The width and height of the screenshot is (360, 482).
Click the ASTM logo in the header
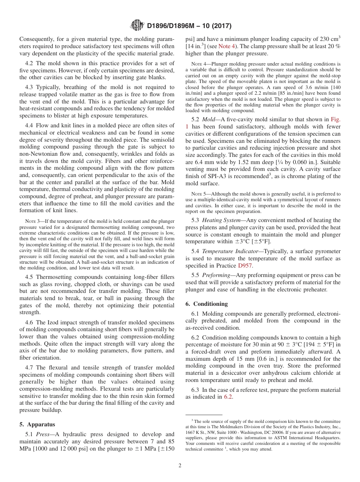coord(137,25)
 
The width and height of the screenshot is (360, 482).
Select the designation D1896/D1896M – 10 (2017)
coord(189,26)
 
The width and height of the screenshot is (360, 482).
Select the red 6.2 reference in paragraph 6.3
coord(228,397)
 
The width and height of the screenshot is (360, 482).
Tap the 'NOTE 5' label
coord(199,194)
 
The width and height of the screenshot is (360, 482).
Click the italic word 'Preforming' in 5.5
coord(216,275)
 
